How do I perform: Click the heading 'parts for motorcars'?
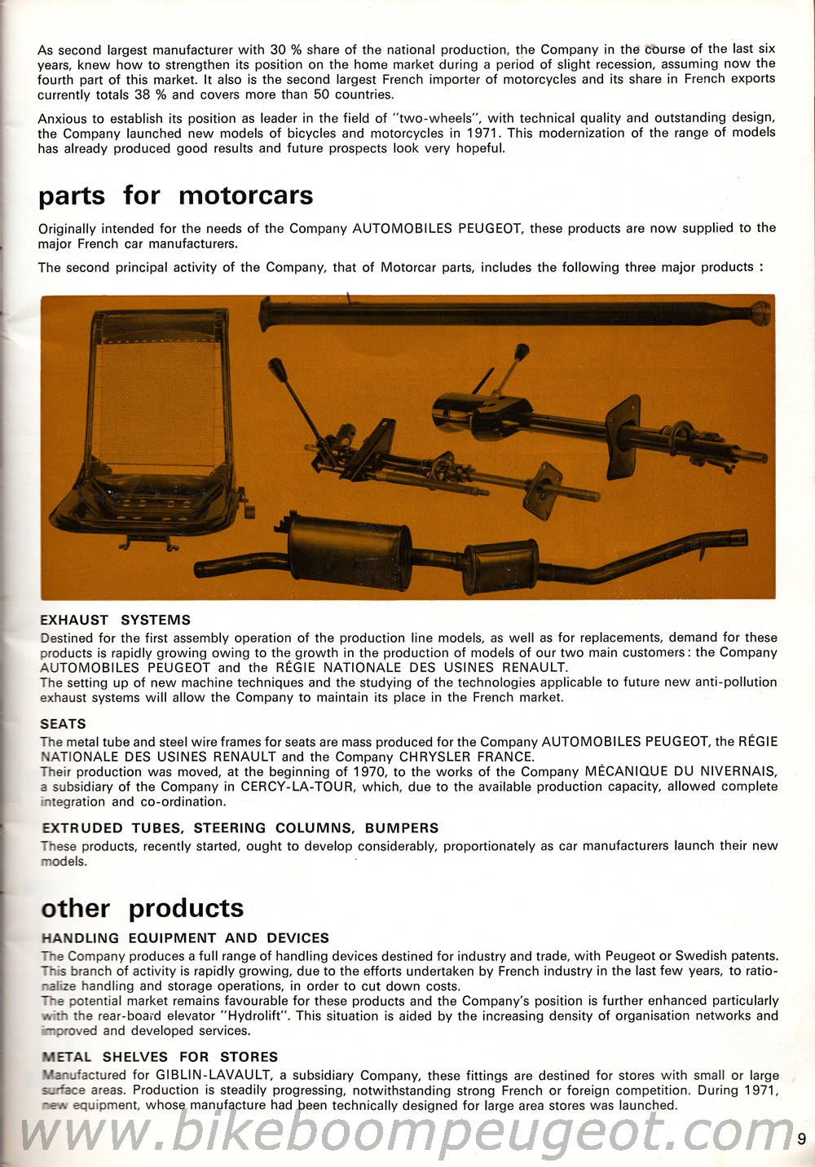[175, 196]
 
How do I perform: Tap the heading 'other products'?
[143, 909]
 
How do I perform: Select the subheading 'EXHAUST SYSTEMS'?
[115, 621]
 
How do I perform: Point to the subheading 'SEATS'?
[63, 724]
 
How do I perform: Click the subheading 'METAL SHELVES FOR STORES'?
[160, 1057]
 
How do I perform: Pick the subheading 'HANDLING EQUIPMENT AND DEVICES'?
[185, 938]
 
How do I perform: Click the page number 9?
[802, 1139]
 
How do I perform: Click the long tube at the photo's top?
[505, 312]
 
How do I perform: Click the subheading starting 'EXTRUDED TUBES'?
[240, 828]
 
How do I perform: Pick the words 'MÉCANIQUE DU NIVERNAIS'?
[681, 772]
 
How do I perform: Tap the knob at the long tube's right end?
[760, 312]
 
